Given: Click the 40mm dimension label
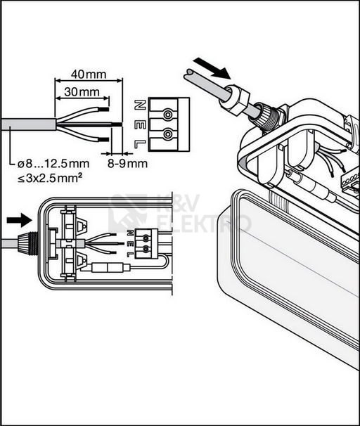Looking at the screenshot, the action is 89,75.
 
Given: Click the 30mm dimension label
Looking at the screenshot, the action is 82,92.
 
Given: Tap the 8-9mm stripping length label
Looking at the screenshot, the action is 128,164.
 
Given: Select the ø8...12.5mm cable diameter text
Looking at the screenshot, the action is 53,164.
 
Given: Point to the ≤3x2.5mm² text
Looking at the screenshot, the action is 50,179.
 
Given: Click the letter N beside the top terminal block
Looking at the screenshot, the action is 140,105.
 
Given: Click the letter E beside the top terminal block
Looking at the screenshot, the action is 140,125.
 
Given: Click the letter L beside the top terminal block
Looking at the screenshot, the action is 140,144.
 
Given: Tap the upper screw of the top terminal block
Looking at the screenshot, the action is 167,115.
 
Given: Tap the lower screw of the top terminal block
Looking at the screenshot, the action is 167,134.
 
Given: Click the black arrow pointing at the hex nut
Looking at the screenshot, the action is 213,68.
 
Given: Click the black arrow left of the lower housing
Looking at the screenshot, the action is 19,220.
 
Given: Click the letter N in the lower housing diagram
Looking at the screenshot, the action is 130,233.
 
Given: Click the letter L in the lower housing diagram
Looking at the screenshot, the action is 130,254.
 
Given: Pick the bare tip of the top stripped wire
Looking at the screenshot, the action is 104,110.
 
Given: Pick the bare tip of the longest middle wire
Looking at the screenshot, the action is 117,124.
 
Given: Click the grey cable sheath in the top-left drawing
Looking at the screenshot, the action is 28,124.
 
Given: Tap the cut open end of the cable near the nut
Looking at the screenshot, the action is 189,74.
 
